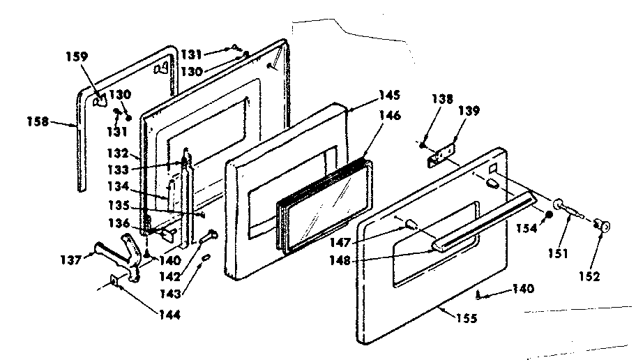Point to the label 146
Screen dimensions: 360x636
390,117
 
